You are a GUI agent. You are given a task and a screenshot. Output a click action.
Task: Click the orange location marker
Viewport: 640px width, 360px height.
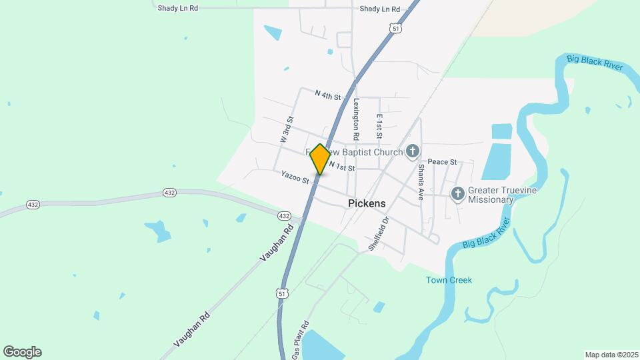click(x=320, y=159)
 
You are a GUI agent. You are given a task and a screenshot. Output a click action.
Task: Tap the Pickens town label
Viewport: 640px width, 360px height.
click(x=367, y=203)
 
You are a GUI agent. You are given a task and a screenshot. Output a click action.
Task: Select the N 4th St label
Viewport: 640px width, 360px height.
click(x=327, y=95)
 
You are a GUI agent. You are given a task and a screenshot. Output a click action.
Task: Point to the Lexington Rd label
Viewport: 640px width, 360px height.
click(x=357, y=119)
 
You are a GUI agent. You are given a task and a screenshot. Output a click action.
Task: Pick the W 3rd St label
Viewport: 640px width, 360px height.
click(x=287, y=130)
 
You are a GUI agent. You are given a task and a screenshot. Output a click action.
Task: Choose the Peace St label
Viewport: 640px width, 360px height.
click(x=442, y=162)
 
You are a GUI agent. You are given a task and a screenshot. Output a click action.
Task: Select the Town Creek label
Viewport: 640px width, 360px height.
click(x=449, y=280)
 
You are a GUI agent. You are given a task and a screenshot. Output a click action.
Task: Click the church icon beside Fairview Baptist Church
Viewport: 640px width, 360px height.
click(x=413, y=152)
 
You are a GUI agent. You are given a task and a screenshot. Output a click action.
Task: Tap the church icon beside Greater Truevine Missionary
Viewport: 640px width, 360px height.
click(x=457, y=194)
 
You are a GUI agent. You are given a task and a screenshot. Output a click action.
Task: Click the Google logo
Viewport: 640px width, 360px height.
click(x=22, y=352)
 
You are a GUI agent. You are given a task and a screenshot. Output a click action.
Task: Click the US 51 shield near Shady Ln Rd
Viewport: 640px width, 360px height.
click(x=397, y=29)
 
